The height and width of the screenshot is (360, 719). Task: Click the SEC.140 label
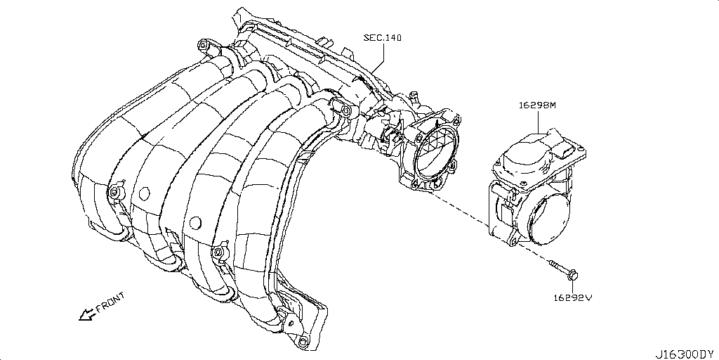click(x=382, y=38)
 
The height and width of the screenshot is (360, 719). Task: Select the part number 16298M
click(x=537, y=105)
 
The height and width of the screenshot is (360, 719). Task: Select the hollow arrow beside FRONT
click(x=86, y=314)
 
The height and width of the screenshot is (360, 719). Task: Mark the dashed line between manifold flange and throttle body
click(x=463, y=210)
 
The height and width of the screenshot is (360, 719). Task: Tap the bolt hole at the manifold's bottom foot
click(x=303, y=342)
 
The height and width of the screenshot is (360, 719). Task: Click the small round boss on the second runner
click(x=145, y=191)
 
